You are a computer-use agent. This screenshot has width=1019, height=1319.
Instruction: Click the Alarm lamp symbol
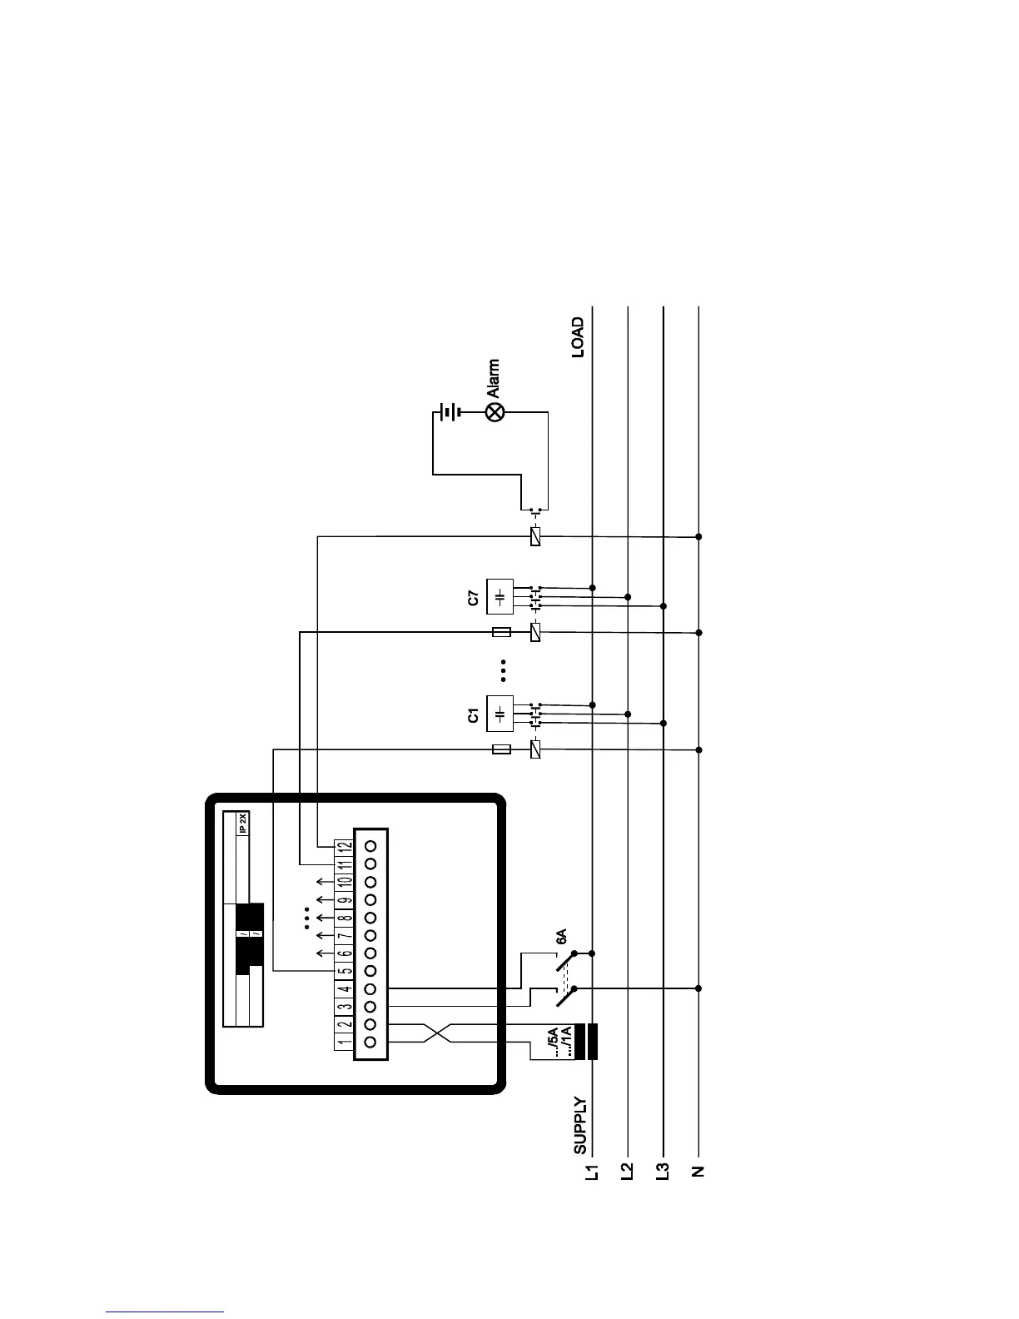pos(495,411)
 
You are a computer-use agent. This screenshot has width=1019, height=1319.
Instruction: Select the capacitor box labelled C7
pos(500,597)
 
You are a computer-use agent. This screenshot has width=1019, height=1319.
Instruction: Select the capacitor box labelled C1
pos(500,714)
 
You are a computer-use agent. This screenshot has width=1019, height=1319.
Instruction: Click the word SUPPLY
pos(580,1125)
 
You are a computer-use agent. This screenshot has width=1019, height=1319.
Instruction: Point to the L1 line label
pos(592,1173)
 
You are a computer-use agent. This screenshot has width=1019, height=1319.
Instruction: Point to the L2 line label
pos(628,1173)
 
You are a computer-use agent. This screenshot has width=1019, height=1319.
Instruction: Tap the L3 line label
pos(664,1173)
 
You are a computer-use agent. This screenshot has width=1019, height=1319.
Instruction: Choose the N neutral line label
pos(698,1172)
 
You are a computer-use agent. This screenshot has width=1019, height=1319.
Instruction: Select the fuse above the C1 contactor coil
pos(501,749)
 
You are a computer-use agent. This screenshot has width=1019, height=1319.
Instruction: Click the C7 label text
pos(473,597)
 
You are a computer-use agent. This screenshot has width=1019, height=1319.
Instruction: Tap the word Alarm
pos(494,378)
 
